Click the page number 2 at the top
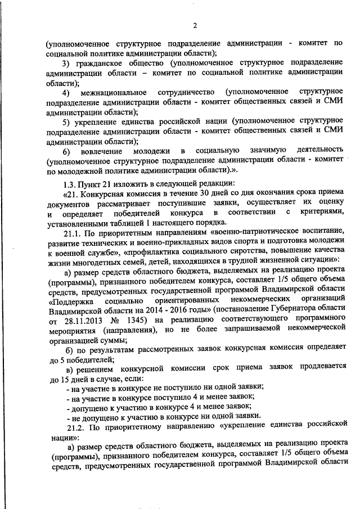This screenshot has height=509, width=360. (195, 25)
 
